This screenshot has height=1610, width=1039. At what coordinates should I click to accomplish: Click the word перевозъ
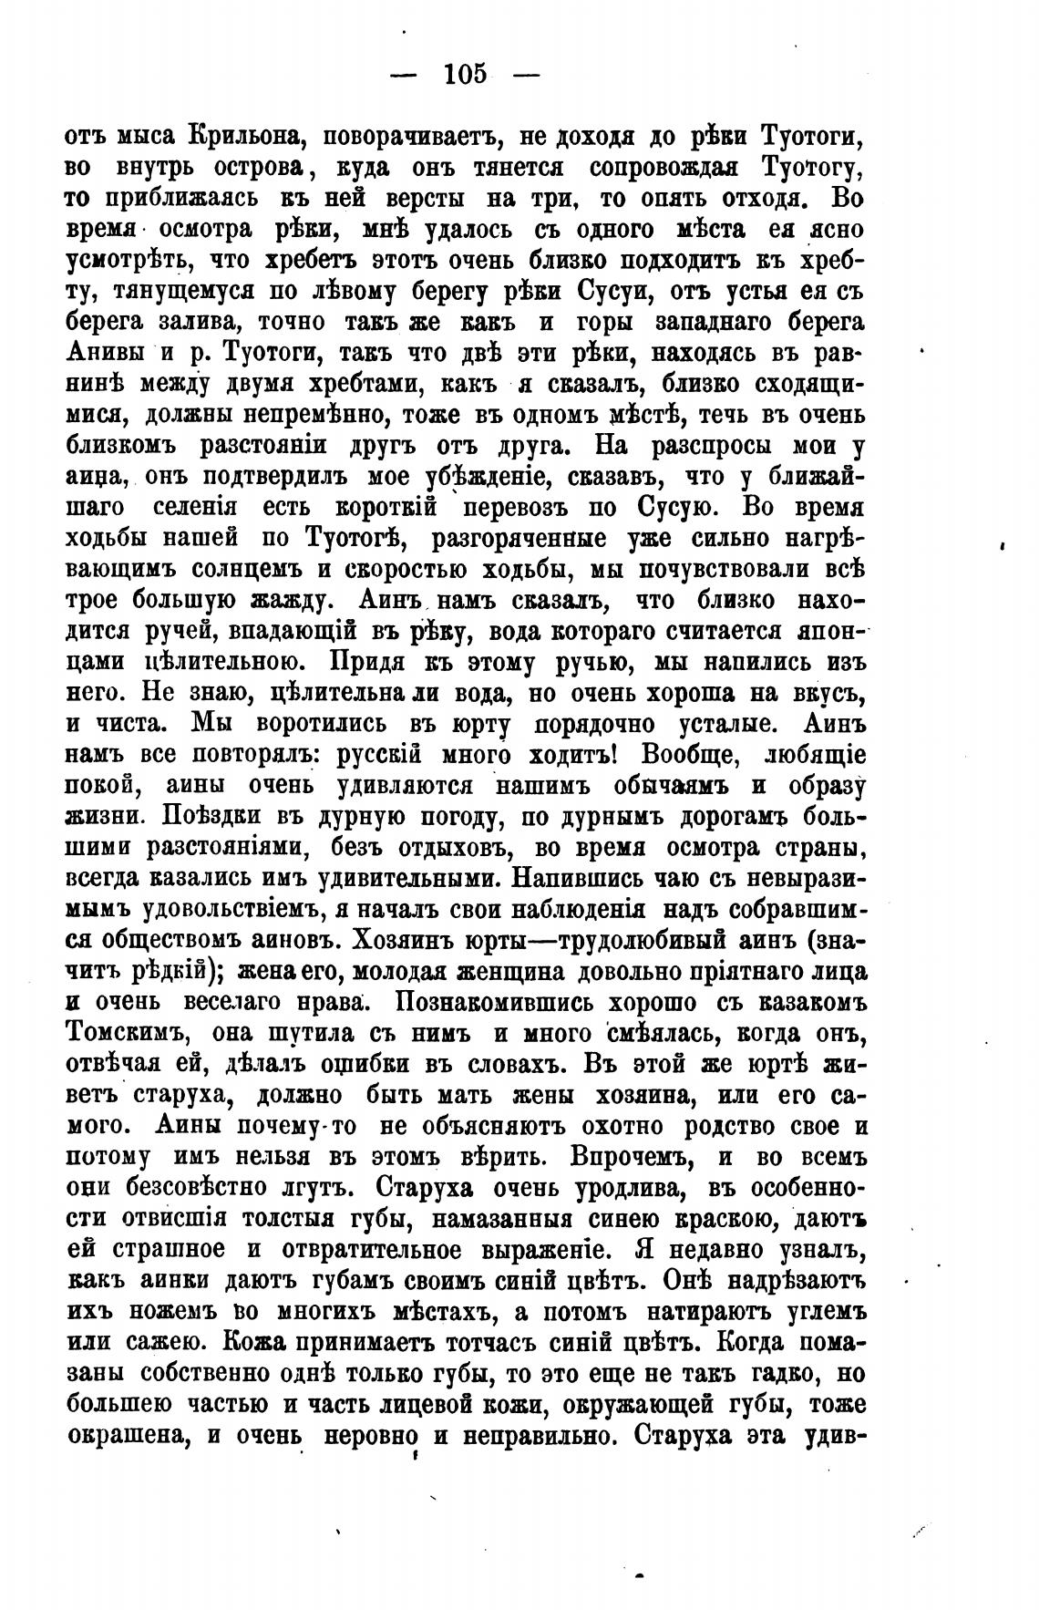[528, 508]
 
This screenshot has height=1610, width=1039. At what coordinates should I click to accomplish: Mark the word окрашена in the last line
[125, 1436]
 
